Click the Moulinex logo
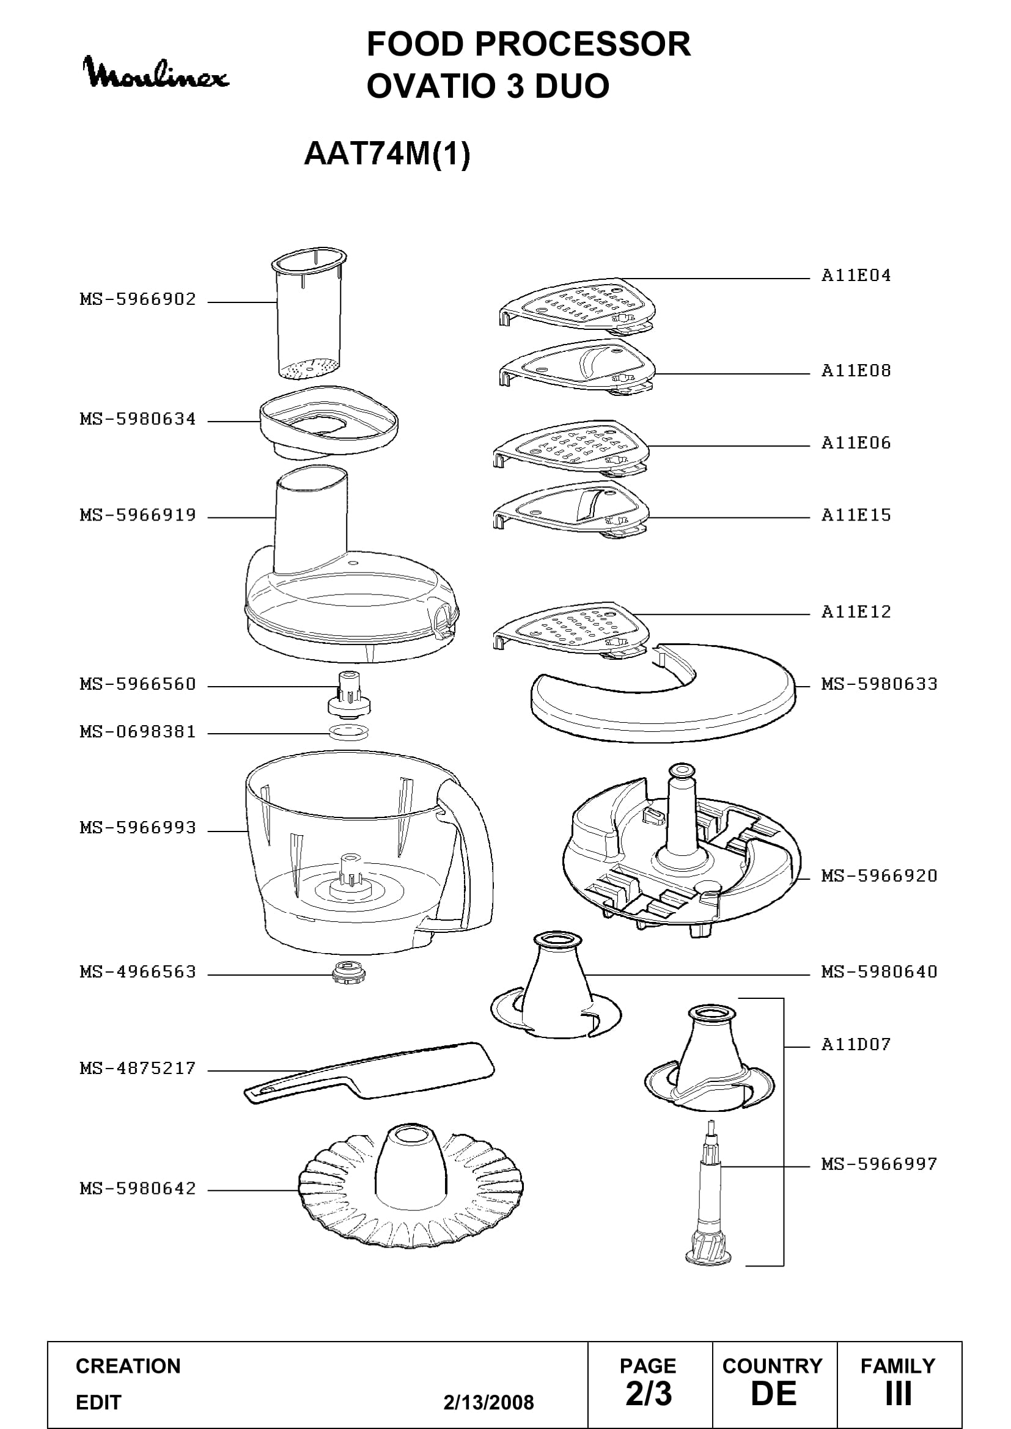(x=156, y=73)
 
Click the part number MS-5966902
(x=138, y=300)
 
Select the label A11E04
(x=856, y=276)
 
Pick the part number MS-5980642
(x=138, y=1190)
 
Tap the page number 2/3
(x=649, y=1394)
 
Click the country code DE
(x=774, y=1394)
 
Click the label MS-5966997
(x=879, y=1164)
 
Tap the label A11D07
(x=856, y=1044)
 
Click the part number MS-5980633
(x=879, y=685)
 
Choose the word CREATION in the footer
(x=128, y=1366)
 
